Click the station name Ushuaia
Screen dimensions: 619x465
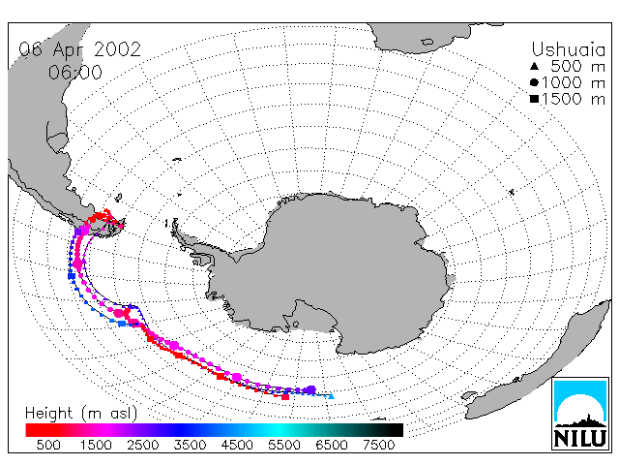tap(568, 50)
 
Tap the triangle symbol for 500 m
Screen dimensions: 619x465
tap(534, 66)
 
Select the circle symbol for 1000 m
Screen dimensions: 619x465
tap(534, 82)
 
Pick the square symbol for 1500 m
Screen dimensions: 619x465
tap(534, 99)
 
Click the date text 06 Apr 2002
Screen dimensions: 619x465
tap(79, 49)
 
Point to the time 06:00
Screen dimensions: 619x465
tap(75, 73)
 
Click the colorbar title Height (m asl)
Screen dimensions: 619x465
tap(81, 414)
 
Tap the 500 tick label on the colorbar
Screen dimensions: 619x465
tap(48, 446)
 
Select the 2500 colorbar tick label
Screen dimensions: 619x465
tap(143, 446)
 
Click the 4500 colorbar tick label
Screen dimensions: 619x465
tap(237, 446)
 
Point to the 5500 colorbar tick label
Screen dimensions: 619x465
tap(284, 446)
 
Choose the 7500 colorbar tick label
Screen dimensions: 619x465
tap(378, 446)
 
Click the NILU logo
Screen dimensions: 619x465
tap(580, 414)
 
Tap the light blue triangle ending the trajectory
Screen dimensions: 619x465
tap(331, 395)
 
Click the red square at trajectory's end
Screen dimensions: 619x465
tap(285, 396)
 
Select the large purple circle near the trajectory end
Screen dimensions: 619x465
tap(311, 389)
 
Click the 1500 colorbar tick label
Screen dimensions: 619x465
tap(96, 446)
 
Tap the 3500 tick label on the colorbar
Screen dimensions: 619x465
tap(190, 446)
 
